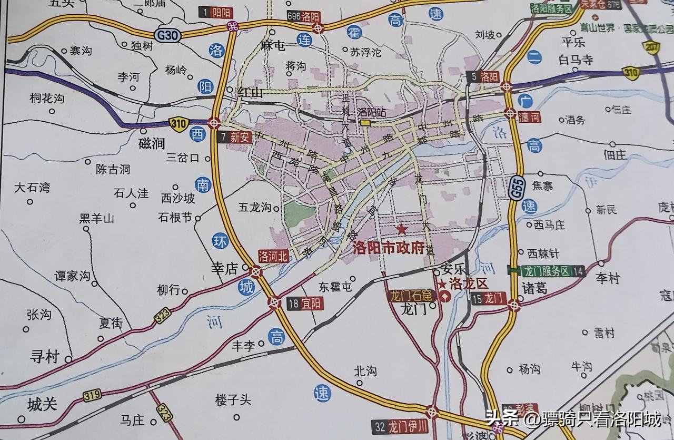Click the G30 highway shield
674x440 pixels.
pos(168,35)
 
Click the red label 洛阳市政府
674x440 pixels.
pos(389,248)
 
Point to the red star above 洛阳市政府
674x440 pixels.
pos(402,229)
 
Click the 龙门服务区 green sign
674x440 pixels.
pos(546,271)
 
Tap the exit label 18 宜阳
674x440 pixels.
pos(305,304)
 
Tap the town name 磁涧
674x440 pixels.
pos(152,143)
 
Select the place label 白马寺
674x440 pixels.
pos(576,60)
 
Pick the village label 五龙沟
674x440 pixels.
pos(255,208)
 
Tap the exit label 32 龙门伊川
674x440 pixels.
pos(400,426)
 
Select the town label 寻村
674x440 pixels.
pos(44,357)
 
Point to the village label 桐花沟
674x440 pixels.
pos(47,98)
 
